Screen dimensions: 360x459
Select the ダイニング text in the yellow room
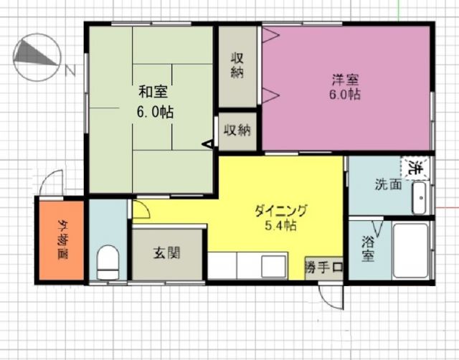click(281, 211)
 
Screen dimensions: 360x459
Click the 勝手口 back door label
click(323, 267)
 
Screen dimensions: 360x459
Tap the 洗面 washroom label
click(388, 184)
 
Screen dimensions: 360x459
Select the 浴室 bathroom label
click(367, 249)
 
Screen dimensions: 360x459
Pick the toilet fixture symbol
click(109, 262)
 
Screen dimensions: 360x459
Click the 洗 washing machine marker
click(415, 169)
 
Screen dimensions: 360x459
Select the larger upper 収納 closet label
click(238, 65)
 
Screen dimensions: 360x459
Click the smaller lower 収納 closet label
click(237, 130)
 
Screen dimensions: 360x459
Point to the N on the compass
click(70, 70)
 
